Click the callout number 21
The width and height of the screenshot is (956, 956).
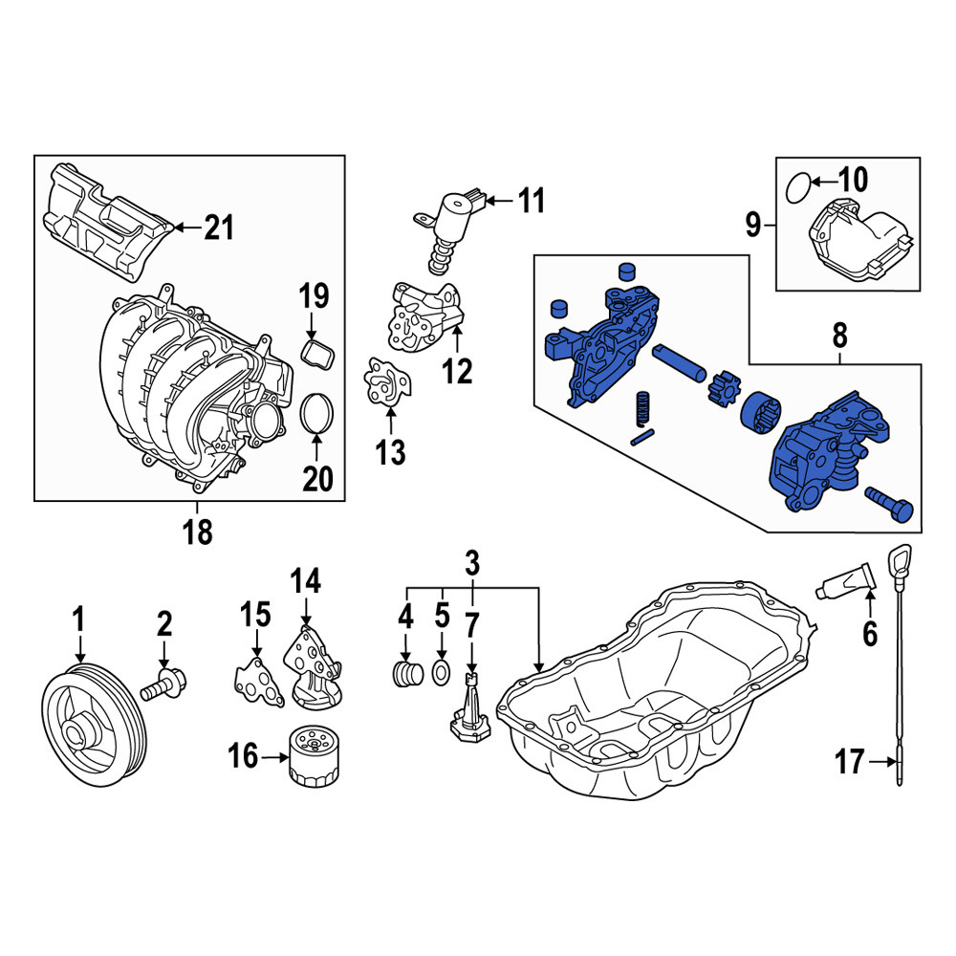[219, 228]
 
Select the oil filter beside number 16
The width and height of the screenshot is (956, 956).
[314, 755]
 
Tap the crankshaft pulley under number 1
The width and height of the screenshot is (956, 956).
[95, 725]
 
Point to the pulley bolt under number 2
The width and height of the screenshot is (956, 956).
[163, 685]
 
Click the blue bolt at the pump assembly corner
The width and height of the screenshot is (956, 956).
[889, 504]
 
